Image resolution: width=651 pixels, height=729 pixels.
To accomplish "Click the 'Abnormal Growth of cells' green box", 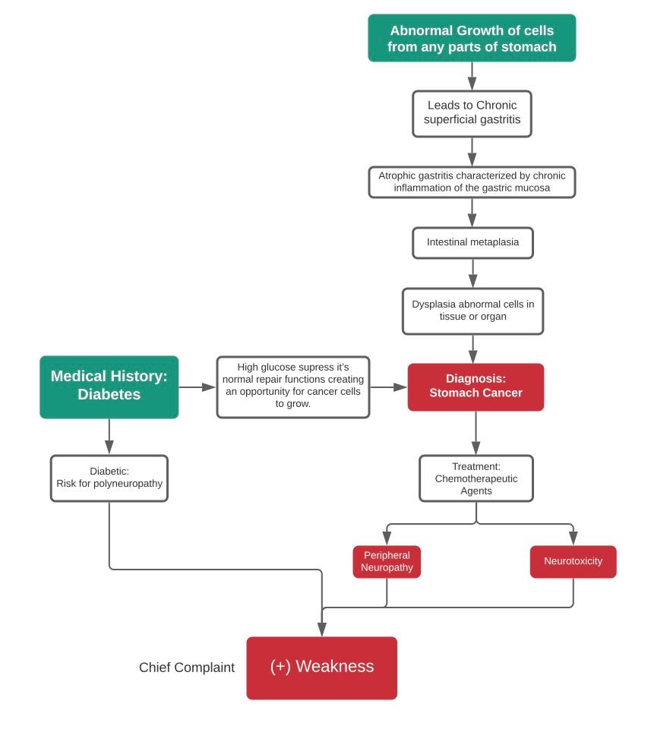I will click(x=472, y=38).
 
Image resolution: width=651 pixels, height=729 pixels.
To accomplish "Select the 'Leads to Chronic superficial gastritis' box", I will click(x=472, y=114).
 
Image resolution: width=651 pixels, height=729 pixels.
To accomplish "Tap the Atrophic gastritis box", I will click(x=472, y=182).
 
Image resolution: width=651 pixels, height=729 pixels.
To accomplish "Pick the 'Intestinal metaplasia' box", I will click(x=472, y=243).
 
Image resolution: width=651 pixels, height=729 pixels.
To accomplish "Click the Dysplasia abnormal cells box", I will click(x=472, y=311).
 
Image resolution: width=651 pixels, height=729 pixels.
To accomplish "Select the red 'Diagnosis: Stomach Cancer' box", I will click(x=476, y=387).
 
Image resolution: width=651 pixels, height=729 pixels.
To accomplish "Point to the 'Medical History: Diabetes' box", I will click(x=109, y=387).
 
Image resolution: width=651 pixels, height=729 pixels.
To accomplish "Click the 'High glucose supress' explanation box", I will click(x=293, y=387).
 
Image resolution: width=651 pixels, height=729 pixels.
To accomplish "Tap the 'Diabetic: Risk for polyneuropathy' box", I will click(x=109, y=478).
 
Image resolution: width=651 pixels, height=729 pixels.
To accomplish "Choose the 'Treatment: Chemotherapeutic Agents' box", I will click(x=476, y=478).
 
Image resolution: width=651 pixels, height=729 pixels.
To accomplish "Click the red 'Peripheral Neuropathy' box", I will click(x=387, y=562).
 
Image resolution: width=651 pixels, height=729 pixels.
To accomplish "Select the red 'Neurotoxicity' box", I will click(x=573, y=562).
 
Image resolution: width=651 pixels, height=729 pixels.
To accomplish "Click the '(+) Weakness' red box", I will click(x=321, y=667).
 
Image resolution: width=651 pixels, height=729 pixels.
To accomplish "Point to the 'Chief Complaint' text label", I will click(x=187, y=668).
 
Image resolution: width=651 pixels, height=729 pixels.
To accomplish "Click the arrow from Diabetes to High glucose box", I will click(x=198, y=387).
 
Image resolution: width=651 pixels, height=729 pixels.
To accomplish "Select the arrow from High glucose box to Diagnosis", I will click(x=389, y=387).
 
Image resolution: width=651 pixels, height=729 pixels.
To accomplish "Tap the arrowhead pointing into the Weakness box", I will click(x=322, y=629).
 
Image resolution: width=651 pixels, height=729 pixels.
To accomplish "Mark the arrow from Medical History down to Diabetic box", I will click(x=109, y=437).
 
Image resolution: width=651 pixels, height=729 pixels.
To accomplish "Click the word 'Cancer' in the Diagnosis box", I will click(x=500, y=393).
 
